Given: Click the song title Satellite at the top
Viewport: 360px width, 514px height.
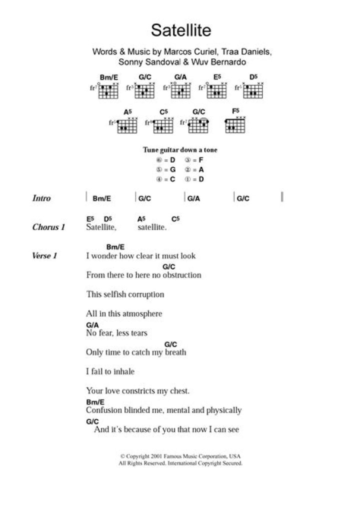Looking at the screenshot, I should (x=181, y=31).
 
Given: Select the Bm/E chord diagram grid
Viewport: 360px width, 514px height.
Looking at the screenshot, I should (x=108, y=91).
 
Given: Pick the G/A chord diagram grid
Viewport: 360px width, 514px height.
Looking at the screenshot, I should (x=180, y=91).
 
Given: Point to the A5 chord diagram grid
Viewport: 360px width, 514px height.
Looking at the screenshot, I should (x=127, y=126).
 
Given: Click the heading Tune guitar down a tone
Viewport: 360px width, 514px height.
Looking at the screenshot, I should (x=180, y=150).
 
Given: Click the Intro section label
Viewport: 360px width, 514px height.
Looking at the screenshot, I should (x=41, y=198).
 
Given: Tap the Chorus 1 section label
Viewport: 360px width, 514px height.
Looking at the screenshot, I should (x=49, y=227).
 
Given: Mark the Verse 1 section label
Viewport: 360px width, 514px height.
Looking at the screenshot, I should (x=45, y=256).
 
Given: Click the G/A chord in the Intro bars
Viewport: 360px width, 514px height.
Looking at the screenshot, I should (x=193, y=198).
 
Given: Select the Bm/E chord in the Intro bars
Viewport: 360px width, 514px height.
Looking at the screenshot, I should (x=101, y=198).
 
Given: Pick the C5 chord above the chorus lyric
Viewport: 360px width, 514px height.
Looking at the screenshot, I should (x=175, y=218).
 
